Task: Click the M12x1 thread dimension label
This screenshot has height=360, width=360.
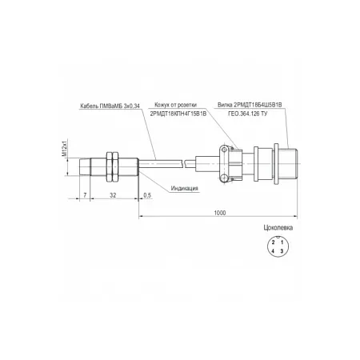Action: coord(64,147)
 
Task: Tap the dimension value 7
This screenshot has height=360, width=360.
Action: coord(85,195)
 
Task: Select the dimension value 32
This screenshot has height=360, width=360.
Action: coord(113,195)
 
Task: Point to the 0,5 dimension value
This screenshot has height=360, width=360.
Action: coord(147,195)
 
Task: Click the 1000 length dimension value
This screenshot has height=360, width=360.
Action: coord(220,213)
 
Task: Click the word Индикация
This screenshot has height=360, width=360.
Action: coord(185,188)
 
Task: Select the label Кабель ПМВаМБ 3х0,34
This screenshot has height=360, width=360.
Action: coord(110,106)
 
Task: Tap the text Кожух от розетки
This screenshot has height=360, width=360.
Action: coord(176,105)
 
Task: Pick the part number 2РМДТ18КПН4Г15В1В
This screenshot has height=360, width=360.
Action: coord(178,114)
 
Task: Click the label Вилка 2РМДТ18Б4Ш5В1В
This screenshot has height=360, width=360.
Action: coord(250,105)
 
